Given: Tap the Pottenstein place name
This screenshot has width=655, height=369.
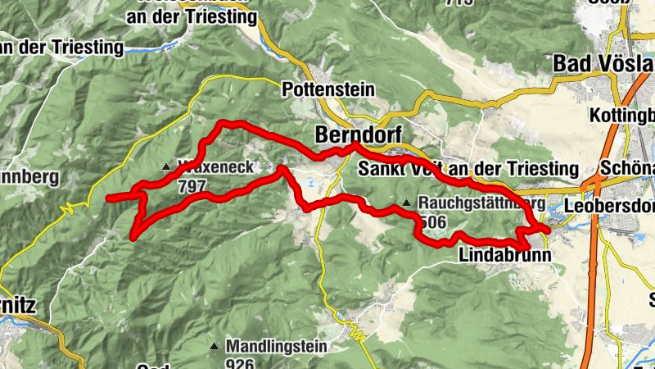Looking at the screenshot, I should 327,89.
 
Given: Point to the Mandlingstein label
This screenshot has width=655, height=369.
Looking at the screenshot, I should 270,346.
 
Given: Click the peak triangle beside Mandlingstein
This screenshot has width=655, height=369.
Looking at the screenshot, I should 215,346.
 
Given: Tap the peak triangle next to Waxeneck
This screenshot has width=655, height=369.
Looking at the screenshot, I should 167,166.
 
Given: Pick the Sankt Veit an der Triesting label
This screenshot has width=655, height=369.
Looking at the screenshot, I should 469,168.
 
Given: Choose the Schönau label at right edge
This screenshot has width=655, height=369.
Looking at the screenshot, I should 626,167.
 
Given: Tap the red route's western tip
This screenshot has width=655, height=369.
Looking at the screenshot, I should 109,197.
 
